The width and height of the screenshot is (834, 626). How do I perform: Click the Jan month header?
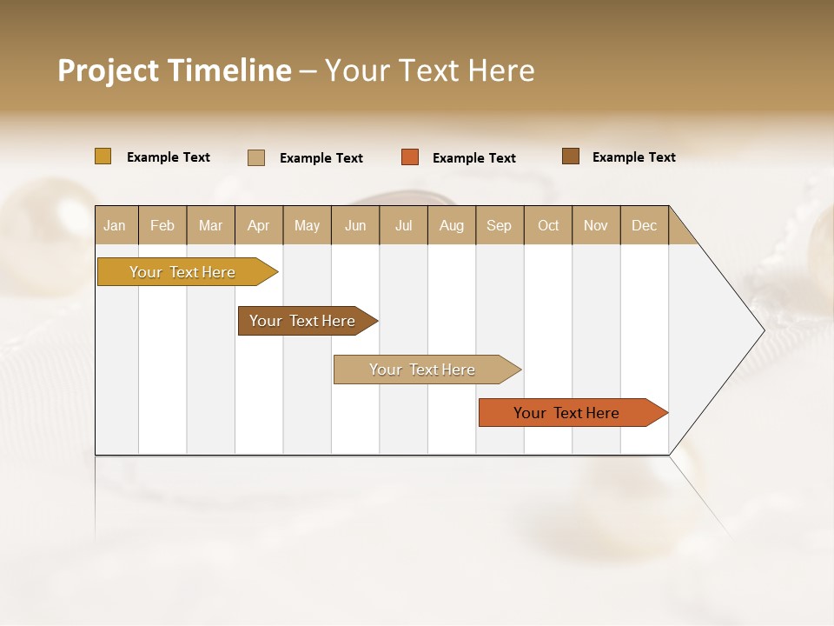tap(115, 225)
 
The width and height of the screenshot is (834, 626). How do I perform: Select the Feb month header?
tap(162, 225)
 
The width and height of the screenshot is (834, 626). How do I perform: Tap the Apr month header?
tap(258, 225)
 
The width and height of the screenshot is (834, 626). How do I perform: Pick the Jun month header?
tap(355, 225)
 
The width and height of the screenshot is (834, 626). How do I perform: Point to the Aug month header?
tap(452, 225)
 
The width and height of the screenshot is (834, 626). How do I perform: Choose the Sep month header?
tap(499, 225)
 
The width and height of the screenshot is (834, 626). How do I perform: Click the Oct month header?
tap(548, 225)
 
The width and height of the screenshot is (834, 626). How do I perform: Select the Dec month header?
tap(644, 225)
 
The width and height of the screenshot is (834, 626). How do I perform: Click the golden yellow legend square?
tap(103, 156)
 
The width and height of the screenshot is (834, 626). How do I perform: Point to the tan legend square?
tap(256, 157)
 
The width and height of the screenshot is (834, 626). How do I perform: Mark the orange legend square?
tap(410, 157)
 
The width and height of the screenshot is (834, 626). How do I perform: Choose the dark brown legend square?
tap(570, 156)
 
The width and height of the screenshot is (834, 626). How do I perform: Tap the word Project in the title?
tap(108, 70)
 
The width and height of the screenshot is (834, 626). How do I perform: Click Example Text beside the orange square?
tap(473, 158)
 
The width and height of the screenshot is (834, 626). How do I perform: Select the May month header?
tap(307, 225)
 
